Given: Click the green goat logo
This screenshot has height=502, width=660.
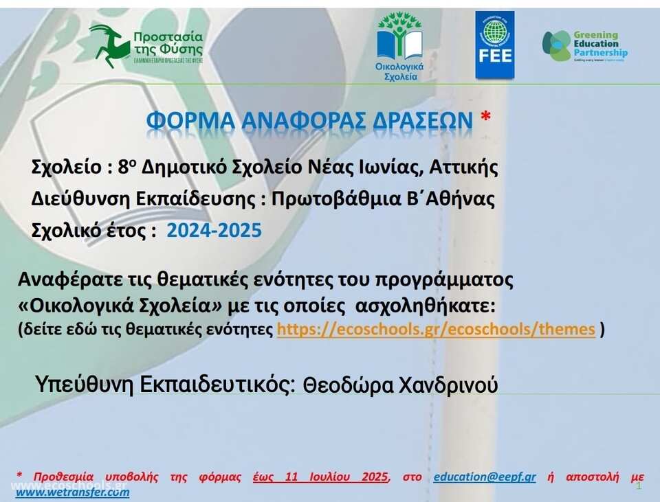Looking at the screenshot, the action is (x=109, y=45).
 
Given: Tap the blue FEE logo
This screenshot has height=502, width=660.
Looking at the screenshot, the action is (x=494, y=45).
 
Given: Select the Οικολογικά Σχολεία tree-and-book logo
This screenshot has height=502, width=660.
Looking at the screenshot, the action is (x=399, y=46).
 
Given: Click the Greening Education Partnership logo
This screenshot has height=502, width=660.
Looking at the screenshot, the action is (x=584, y=46).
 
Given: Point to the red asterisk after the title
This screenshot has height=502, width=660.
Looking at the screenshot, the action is (x=485, y=117).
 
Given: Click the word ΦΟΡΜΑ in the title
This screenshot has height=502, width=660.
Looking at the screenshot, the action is (x=190, y=120).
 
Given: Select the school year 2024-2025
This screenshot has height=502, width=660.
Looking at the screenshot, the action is (x=214, y=231).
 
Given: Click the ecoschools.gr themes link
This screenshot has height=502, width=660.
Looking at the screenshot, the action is (x=436, y=329).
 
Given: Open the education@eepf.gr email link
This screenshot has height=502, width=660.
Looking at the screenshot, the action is (x=485, y=477).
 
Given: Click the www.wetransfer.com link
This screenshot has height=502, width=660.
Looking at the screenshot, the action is (x=72, y=492).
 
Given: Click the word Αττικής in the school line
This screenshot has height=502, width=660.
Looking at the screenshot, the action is (x=463, y=168).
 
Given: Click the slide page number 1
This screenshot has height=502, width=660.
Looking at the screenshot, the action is (x=639, y=486).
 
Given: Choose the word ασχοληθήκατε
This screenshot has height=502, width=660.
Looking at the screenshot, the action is (x=426, y=306).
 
